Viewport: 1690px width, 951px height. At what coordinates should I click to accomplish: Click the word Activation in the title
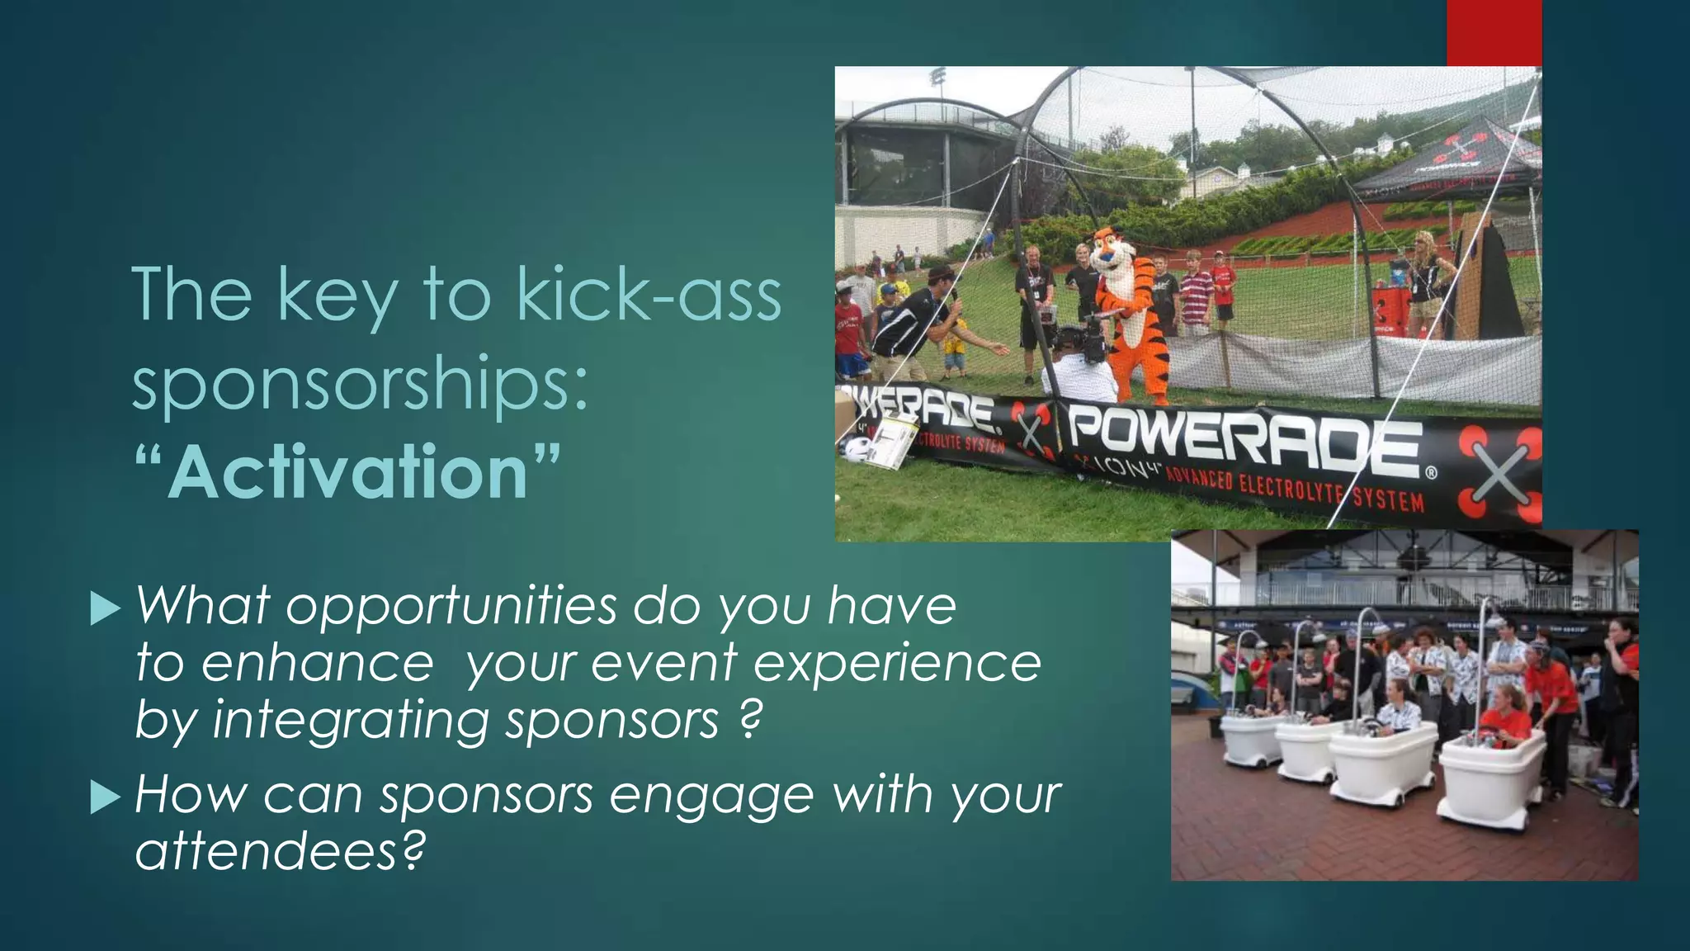(347, 472)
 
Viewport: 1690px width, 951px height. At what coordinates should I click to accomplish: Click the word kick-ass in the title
(649, 296)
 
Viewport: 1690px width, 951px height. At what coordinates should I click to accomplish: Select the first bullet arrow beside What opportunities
(105, 608)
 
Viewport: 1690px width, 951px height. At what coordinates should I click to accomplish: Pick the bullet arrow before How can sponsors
(105, 797)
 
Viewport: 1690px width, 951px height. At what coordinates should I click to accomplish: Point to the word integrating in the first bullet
(351, 720)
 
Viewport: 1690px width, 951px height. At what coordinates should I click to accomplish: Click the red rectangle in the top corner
(1494, 33)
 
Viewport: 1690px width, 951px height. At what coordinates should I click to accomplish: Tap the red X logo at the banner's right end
(1500, 475)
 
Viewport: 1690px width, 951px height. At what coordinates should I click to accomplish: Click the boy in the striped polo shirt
(1195, 293)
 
